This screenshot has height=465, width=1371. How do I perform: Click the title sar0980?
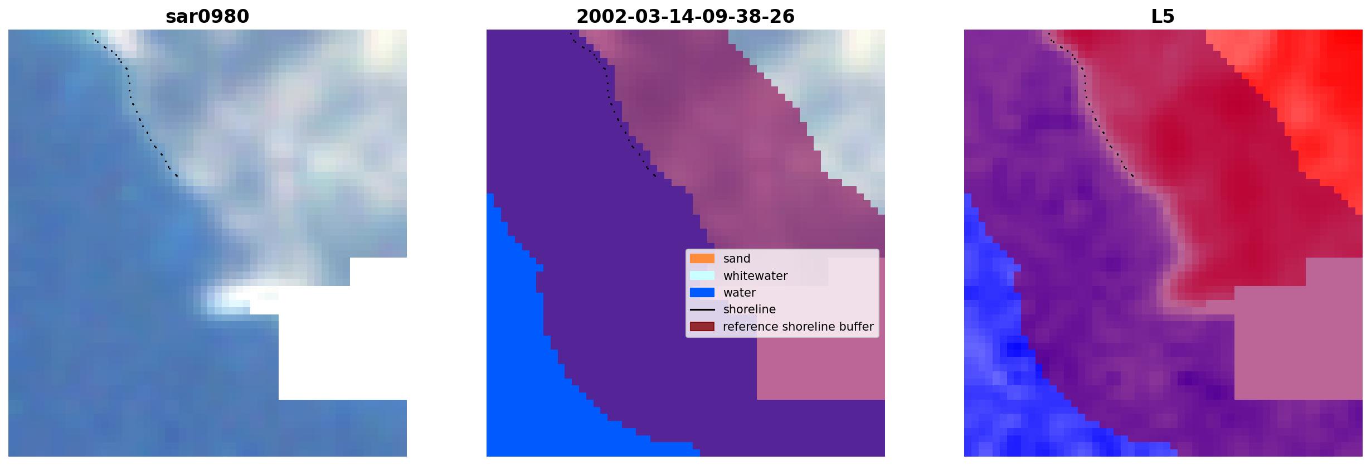[207, 17]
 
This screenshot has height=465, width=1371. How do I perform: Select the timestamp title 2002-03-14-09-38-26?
[686, 17]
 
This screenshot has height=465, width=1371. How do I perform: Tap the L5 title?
[1163, 17]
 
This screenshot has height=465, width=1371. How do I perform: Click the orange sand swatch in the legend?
[702, 259]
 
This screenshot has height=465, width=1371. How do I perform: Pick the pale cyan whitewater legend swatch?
[702, 275]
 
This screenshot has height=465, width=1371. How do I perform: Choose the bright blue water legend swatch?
[702, 293]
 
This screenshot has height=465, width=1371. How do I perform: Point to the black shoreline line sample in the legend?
[702, 309]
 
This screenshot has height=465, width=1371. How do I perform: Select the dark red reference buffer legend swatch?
[702, 327]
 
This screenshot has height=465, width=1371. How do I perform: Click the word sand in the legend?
[737, 259]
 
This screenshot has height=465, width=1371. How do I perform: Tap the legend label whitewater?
[755, 276]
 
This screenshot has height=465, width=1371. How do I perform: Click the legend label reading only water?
[740, 293]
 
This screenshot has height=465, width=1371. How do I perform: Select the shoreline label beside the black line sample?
[749, 309]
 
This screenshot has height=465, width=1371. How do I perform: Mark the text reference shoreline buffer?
[798, 327]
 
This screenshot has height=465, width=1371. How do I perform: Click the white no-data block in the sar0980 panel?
[343, 343]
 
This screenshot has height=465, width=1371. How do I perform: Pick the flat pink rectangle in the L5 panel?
[1299, 343]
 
